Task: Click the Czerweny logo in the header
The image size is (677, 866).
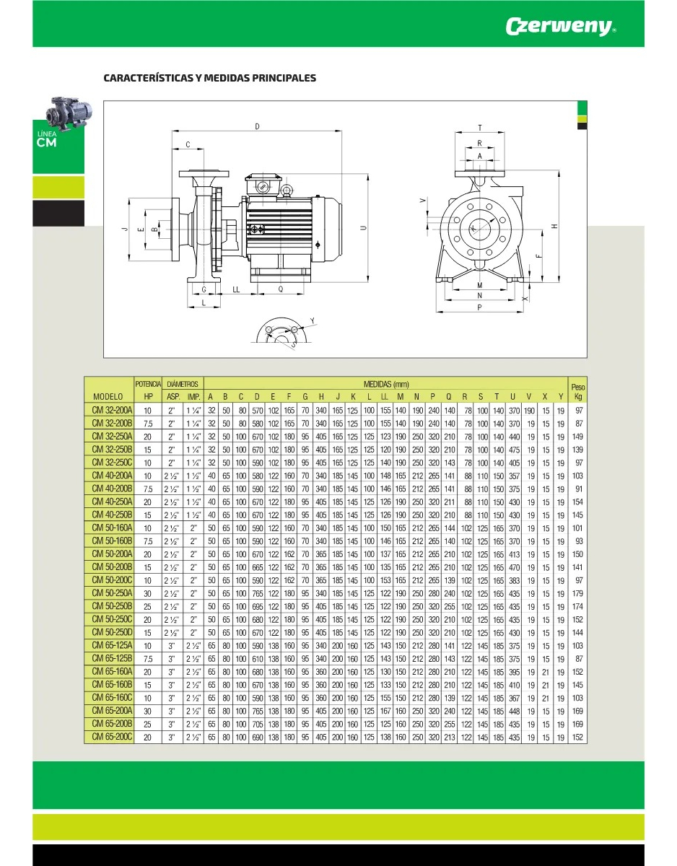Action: [561, 26]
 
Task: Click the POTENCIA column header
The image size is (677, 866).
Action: [148, 384]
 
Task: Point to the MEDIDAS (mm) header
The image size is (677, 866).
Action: [385, 384]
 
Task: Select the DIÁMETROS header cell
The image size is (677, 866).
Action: [183, 384]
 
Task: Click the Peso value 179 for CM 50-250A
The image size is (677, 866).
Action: [577, 593]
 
